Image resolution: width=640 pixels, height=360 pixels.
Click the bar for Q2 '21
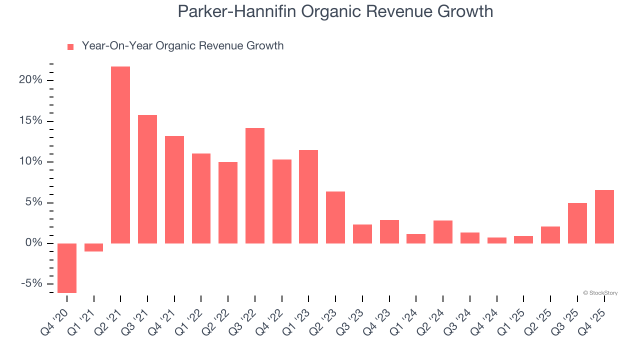click(x=120, y=155)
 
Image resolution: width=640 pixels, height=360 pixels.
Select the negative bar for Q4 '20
click(x=67, y=268)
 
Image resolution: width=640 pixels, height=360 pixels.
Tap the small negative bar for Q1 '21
click(x=93, y=247)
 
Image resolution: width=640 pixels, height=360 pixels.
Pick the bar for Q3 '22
click(x=255, y=186)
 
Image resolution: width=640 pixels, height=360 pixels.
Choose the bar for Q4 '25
click(x=604, y=217)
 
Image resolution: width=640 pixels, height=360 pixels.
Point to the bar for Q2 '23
click(x=335, y=217)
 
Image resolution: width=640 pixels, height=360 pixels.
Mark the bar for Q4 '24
click(x=497, y=240)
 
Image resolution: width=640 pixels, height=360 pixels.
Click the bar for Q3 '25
click(x=577, y=223)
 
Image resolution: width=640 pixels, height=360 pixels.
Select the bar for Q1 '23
click(x=308, y=197)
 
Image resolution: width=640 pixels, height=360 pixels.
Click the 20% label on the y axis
click(x=31, y=80)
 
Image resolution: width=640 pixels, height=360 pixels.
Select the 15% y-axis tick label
click(x=31, y=121)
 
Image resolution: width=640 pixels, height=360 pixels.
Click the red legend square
click(x=70, y=46)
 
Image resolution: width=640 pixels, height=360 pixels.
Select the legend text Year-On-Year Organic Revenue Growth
click(x=182, y=46)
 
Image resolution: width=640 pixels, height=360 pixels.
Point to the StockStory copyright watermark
click(x=600, y=293)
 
